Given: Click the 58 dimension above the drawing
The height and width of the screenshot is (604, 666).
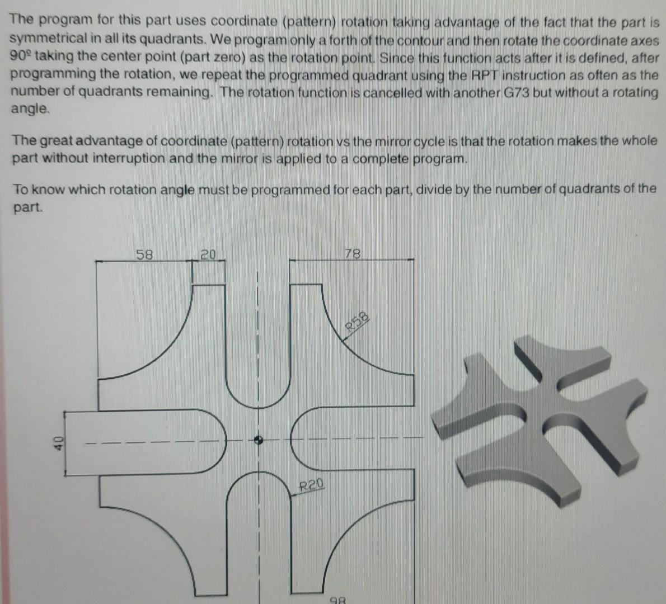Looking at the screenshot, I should pyautogui.click(x=144, y=254).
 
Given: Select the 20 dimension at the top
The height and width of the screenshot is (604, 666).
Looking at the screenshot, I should pyautogui.click(x=208, y=255).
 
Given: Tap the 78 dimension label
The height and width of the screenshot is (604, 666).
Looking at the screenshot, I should pyautogui.click(x=353, y=254).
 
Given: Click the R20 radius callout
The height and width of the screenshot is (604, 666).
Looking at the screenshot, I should pyautogui.click(x=311, y=484).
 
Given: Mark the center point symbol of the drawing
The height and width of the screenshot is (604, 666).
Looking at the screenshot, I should pyautogui.click(x=258, y=440).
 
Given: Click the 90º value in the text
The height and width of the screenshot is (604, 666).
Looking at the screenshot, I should pyautogui.click(x=21, y=56).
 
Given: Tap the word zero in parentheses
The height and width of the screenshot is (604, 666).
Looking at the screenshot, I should pyautogui.click(x=231, y=58).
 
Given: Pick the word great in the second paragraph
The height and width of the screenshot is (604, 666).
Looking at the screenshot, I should pyautogui.click(x=56, y=141).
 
